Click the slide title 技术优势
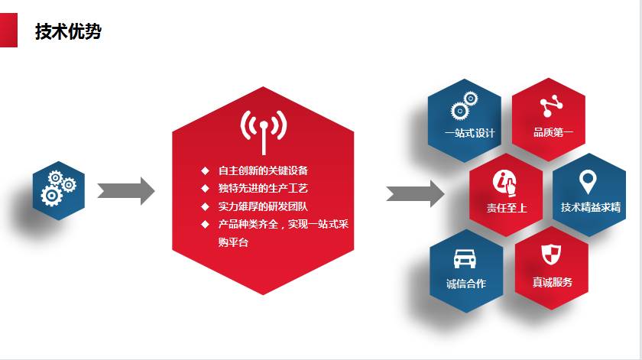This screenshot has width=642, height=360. coord(68,31)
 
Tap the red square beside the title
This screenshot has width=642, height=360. coord(8,31)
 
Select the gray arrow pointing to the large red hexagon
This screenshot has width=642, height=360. coord(125,191)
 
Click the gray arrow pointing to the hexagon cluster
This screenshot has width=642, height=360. coord(415,193)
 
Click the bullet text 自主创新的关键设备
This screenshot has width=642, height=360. coord(263,170)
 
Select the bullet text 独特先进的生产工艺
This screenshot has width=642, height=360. coord(263,188)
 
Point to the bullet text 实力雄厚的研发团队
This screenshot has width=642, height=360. coord(263,206)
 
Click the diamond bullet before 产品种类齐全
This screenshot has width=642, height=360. coord(205,225)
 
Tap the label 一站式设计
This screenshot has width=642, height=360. coord(469,133)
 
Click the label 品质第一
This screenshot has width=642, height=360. coord(553,132)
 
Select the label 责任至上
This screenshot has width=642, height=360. coord(507,208)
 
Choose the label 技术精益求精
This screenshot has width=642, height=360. coord(590,207)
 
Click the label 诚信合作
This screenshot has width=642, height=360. coord(466,284)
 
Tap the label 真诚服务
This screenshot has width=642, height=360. coord(553,282)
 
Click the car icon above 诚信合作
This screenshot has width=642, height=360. coord(465,258)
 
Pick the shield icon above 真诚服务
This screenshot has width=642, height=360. coord(551,255)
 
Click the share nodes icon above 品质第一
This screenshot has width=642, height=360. coord(551,105)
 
